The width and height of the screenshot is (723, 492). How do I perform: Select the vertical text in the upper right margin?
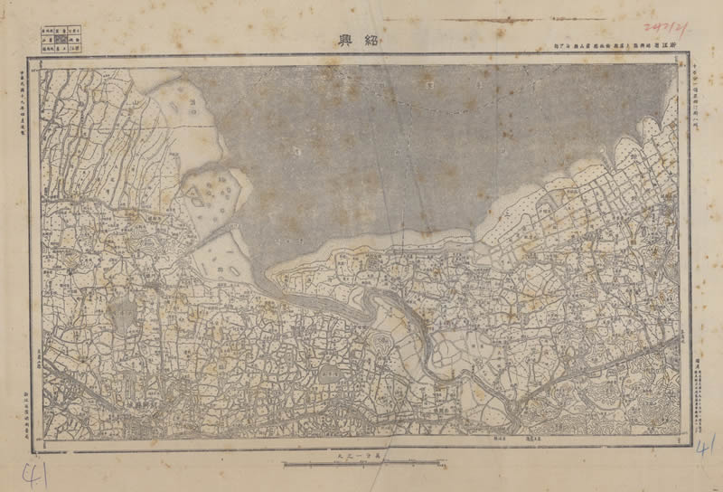702,90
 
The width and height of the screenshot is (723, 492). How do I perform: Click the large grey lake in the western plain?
121,317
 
